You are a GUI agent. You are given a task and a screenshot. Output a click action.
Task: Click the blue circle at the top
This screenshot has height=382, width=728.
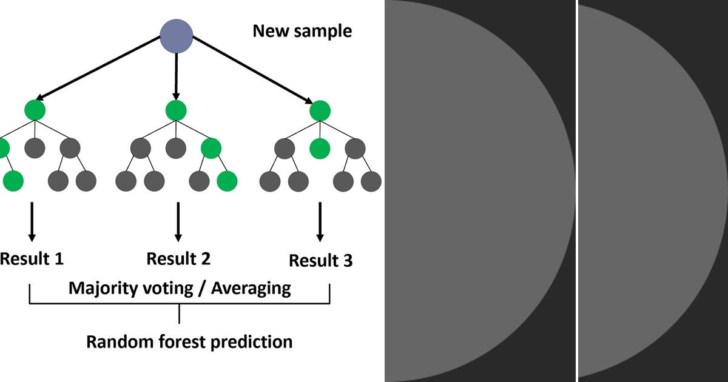pos(176,36)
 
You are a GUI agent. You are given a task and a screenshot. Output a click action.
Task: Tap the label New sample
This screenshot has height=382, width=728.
pos(302,31)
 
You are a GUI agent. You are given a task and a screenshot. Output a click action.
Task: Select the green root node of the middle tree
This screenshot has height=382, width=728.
pos(176,110)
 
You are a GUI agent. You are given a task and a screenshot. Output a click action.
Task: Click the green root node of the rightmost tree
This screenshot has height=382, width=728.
pos(320,111)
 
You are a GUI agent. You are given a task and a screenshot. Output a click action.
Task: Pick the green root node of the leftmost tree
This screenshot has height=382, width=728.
pos(35,110)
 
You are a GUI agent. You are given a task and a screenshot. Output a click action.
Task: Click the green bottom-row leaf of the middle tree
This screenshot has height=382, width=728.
pos(227,181)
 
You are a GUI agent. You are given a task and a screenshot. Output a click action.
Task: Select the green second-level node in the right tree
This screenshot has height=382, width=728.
pos(320,148)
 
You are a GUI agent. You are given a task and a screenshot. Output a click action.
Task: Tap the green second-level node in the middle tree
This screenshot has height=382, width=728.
pos(212,148)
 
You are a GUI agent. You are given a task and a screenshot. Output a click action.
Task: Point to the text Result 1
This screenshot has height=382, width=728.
pos(32,259)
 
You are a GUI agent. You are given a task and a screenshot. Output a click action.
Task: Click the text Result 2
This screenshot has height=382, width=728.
pos(178,259)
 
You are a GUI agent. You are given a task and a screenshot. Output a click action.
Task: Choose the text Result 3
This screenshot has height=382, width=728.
pos(320,261)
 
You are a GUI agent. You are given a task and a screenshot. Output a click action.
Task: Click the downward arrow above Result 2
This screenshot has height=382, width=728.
pos(178,221)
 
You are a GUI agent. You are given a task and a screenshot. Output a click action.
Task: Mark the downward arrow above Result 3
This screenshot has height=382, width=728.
pos(320,221)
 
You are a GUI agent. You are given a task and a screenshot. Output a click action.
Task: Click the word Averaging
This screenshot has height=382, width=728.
pos(251,288)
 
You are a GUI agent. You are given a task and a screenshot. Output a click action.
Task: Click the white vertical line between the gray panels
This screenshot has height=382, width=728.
pos(576,191)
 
